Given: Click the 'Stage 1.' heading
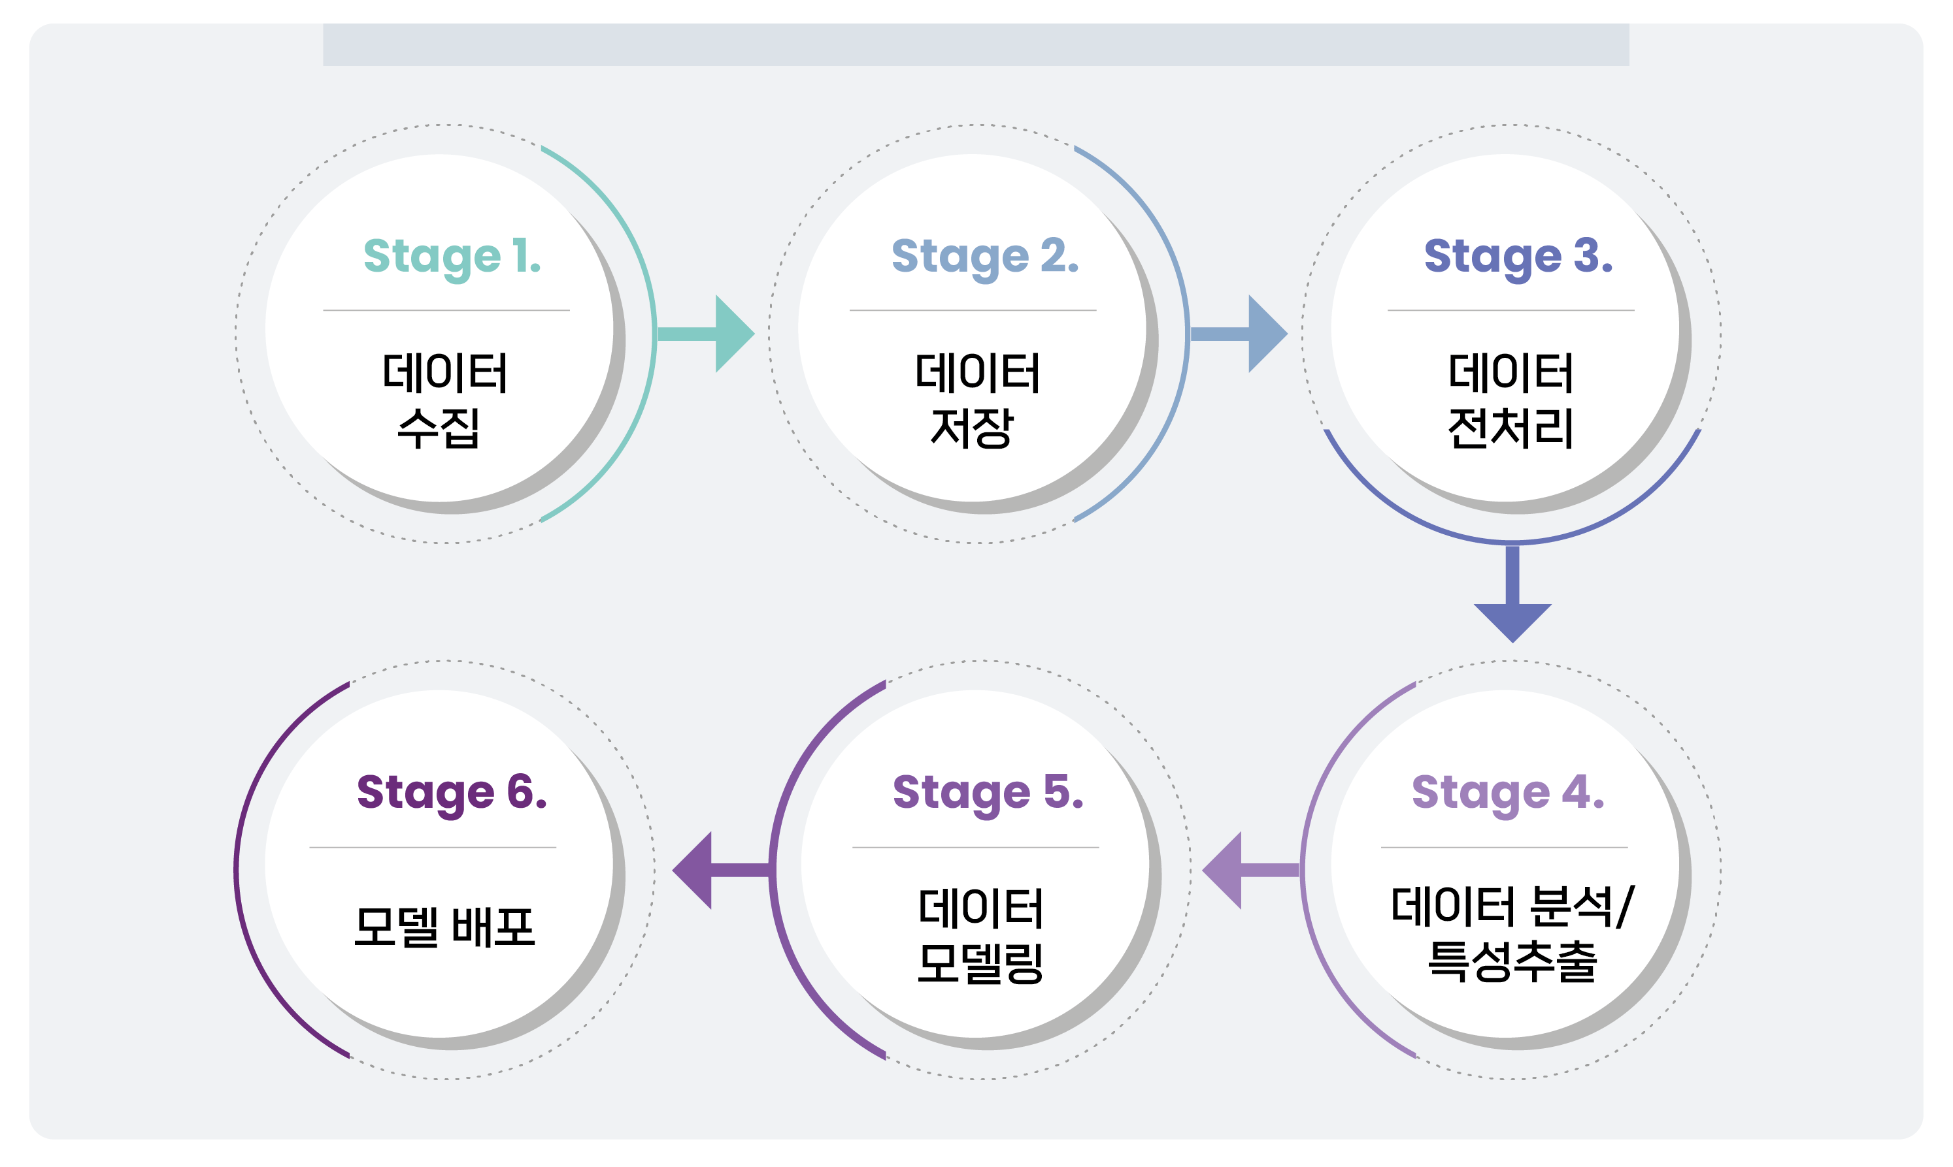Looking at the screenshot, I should click(452, 257).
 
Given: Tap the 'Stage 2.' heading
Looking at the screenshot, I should click(984, 257).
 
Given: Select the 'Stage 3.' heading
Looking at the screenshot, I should click(1518, 257).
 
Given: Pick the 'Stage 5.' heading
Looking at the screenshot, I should click(988, 793).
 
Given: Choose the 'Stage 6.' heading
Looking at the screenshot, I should click(452, 793).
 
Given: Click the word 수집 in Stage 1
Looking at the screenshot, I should click(439, 428).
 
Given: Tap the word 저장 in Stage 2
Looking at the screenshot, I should click(972, 428).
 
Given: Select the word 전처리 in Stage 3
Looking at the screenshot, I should click(1510, 428).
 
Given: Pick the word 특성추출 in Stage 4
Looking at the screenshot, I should click(1512, 962).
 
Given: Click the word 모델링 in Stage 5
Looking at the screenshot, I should click(980, 963).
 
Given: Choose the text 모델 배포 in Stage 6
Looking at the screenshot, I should click(444, 927).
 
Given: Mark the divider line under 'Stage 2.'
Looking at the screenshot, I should click(973, 311).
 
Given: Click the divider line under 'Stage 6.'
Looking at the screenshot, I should click(433, 848).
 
